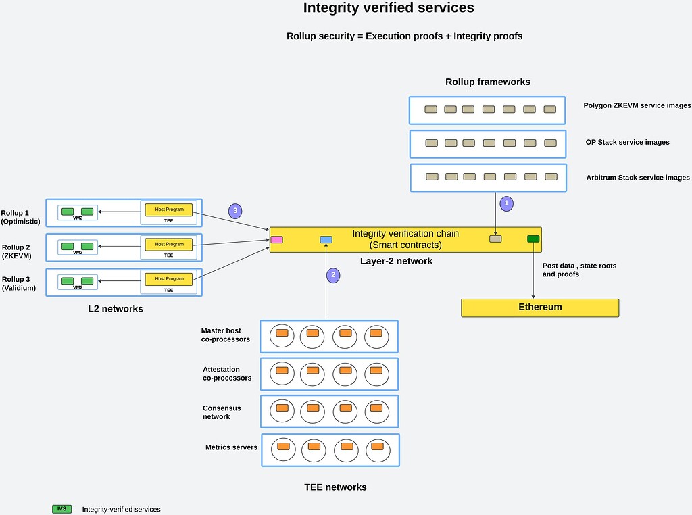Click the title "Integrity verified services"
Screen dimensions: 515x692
[x=388, y=9]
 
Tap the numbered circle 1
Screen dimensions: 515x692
[x=506, y=202]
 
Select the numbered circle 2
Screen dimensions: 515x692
[x=332, y=274]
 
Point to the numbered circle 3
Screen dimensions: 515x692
[x=235, y=211]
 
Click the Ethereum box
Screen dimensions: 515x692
[x=540, y=307]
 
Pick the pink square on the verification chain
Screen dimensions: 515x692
[x=276, y=239]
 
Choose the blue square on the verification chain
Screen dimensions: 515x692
[x=326, y=239]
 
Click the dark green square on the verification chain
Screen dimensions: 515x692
[x=533, y=239]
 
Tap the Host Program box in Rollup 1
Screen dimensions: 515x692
[x=169, y=210]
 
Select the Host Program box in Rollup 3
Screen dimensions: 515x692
[x=169, y=278]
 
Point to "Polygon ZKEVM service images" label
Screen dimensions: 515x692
[x=637, y=106]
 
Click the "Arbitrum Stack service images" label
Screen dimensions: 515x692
[x=637, y=178]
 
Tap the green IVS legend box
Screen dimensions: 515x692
[x=61, y=509]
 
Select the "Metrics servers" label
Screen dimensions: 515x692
[x=231, y=447]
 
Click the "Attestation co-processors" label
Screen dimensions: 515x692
[x=227, y=374]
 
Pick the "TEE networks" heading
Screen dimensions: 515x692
[x=335, y=487]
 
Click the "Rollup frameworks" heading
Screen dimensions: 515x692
[x=487, y=82]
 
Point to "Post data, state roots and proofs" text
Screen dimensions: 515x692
[x=579, y=270]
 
